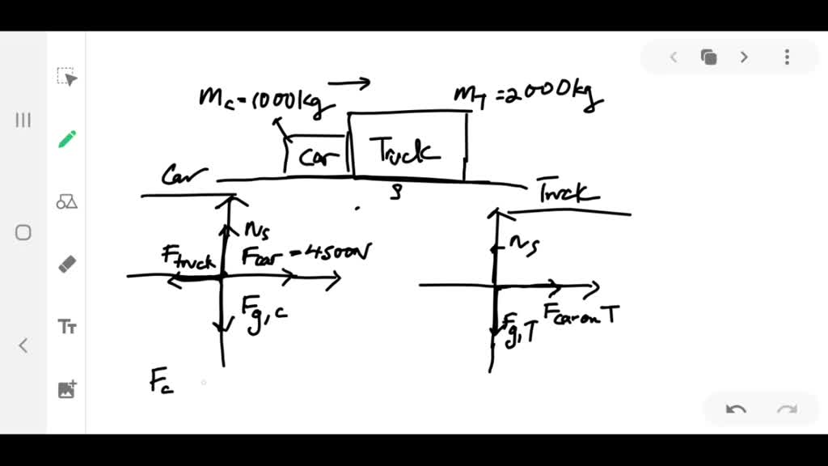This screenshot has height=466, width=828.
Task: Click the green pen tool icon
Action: pyautogui.click(x=67, y=139)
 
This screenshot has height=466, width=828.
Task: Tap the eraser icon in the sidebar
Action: pyautogui.click(x=67, y=264)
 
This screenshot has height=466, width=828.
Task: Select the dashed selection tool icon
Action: pyautogui.click(x=67, y=77)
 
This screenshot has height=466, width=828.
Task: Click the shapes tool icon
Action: pyautogui.click(x=67, y=201)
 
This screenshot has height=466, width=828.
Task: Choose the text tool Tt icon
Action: pyautogui.click(x=67, y=327)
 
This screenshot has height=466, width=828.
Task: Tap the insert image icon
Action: pyautogui.click(x=67, y=389)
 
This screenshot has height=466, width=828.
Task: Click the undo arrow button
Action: pyautogui.click(x=736, y=409)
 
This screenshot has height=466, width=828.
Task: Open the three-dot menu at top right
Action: pyautogui.click(x=787, y=57)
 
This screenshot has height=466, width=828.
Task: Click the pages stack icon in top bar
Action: pyautogui.click(x=709, y=57)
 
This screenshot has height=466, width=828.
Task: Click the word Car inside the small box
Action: pyautogui.click(x=319, y=156)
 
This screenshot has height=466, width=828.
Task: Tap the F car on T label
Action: pyautogui.click(x=581, y=313)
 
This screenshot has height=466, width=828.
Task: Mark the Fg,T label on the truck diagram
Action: pyautogui.click(x=517, y=329)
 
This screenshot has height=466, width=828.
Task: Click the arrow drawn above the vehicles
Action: pyautogui.click(x=349, y=82)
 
